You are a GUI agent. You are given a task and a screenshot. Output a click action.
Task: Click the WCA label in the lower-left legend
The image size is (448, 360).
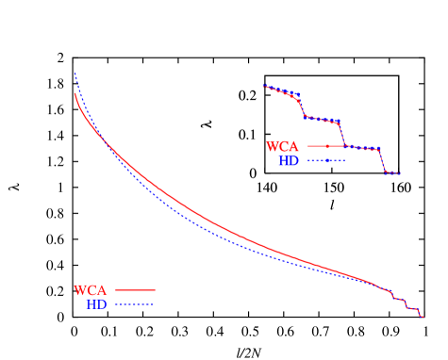pyautogui.click(x=91, y=290)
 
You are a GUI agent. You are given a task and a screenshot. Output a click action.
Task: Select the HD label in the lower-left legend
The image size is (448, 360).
pyautogui.click(x=96, y=304)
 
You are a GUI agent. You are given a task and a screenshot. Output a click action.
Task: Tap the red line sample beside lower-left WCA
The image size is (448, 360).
pyautogui.click(x=136, y=290)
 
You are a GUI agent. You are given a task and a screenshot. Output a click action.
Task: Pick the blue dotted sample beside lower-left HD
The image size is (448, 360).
pyautogui.click(x=136, y=304)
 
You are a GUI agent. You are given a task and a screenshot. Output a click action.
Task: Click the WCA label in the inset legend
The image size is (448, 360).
pyautogui.click(x=283, y=147)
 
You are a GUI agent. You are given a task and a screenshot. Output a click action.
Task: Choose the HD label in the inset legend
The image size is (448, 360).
pyautogui.click(x=289, y=161)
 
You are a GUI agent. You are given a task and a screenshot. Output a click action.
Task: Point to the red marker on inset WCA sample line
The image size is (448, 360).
pyautogui.click(x=327, y=147)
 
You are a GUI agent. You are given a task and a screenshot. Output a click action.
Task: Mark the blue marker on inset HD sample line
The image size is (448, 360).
pyautogui.click(x=327, y=161)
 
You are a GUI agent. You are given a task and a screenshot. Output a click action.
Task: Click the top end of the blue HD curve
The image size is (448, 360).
pyautogui.click(x=75, y=73)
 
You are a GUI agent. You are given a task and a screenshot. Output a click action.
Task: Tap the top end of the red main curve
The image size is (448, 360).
pyautogui.click(x=75, y=94)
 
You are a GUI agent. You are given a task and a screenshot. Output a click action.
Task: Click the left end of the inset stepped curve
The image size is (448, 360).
pyautogui.click(x=264, y=87)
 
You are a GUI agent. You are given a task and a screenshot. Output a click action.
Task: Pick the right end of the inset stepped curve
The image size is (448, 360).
pyautogui.click(x=401, y=173)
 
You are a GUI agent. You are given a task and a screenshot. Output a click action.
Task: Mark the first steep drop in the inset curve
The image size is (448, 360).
pyautogui.click(x=302, y=106)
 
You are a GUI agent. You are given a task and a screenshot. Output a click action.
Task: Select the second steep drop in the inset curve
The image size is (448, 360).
pyautogui.click(x=341, y=133)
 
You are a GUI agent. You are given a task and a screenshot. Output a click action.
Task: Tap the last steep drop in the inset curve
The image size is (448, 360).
pyautogui.click(x=382, y=161)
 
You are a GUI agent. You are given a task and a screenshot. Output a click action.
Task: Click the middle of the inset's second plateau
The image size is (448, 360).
pyautogui.click(x=322, y=120)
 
